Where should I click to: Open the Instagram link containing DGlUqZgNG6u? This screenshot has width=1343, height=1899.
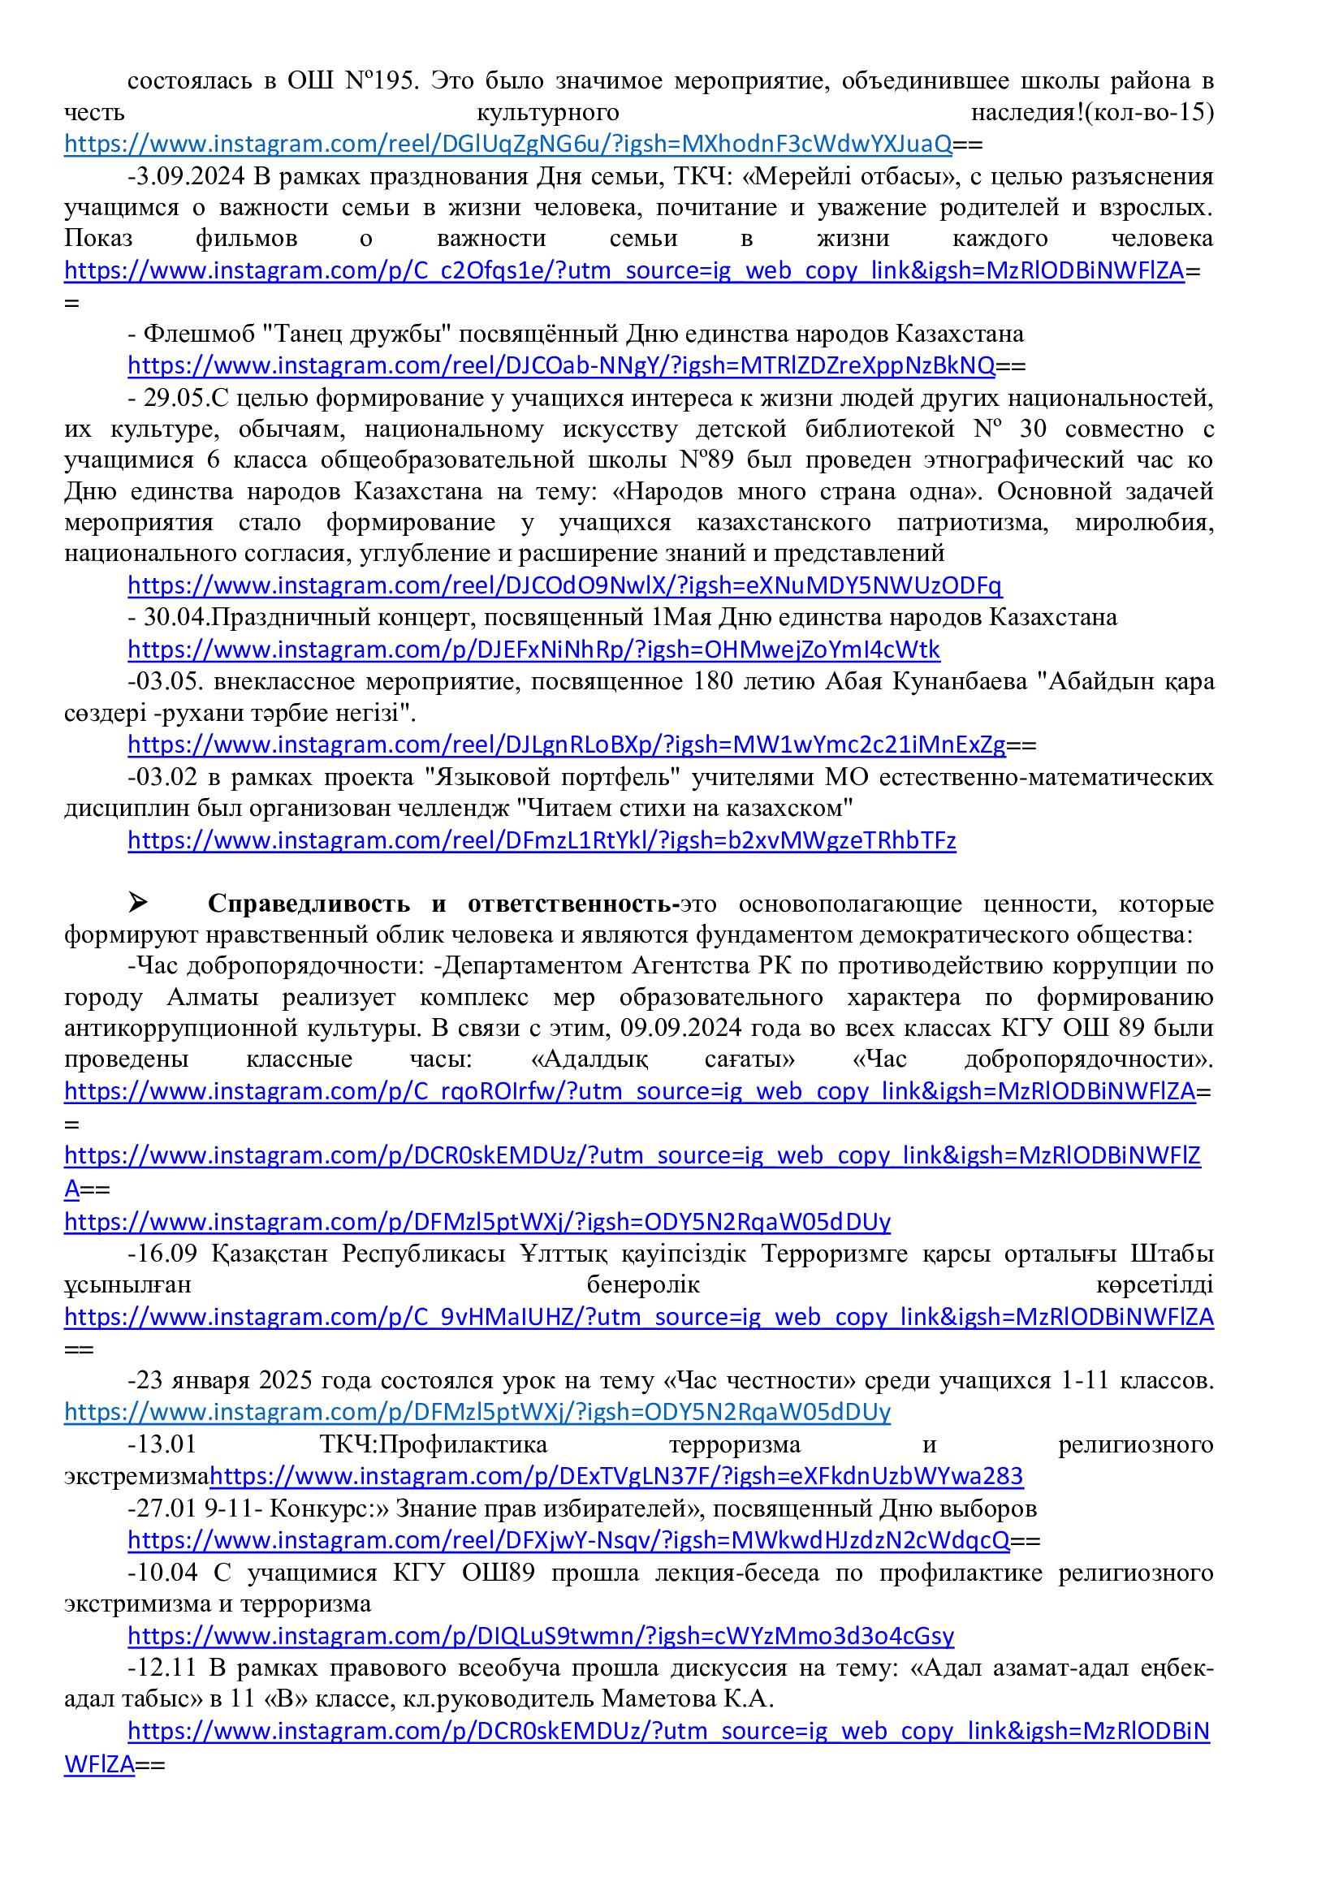[507, 145]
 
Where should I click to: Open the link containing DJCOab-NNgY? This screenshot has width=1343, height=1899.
[561, 365]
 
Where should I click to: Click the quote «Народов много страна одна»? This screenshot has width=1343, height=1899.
[797, 491]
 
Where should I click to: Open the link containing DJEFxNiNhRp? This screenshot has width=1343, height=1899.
[533, 650]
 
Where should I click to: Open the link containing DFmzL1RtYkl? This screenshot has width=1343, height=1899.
[542, 841]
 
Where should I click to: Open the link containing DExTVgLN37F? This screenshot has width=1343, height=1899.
[616, 1476]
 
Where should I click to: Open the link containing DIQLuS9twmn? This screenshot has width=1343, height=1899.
[540, 1636]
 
